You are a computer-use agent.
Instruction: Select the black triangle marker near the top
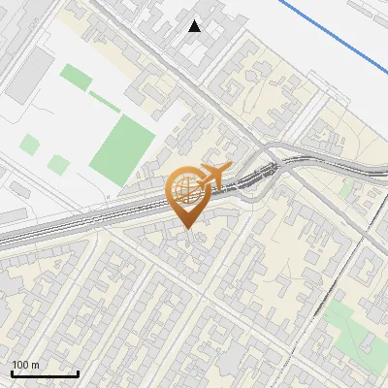coord(195,26)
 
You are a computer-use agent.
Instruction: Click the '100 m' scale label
coord(26,365)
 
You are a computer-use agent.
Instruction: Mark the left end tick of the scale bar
coord(12,372)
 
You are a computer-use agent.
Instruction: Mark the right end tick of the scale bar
coord(78,372)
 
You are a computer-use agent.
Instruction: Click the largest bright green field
coord(123,145)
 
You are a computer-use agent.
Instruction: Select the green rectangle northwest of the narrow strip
coord(73,75)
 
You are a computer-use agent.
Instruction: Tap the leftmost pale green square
coord(30,145)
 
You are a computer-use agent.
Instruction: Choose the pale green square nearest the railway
coord(59,165)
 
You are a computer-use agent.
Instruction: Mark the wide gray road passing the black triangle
coord(165,48)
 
